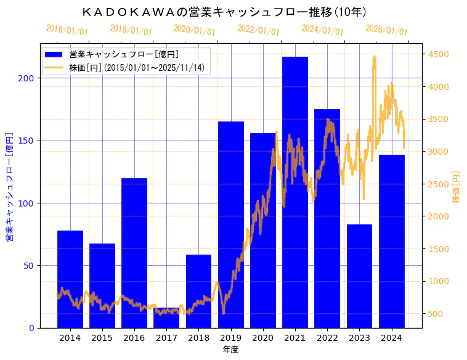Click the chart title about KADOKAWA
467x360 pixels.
click(x=224, y=12)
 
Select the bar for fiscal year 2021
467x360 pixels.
click(x=294, y=192)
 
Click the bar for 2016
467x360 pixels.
click(x=134, y=253)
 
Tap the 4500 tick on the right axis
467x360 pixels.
click(x=439, y=54)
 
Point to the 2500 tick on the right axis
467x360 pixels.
click(x=439, y=184)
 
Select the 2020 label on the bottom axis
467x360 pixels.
click(x=262, y=337)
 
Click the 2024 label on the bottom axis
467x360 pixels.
click(x=391, y=337)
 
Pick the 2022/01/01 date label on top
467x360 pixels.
click(x=258, y=30)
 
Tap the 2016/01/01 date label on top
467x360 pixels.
click(x=67, y=30)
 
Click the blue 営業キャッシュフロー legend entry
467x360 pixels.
click(x=123, y=54)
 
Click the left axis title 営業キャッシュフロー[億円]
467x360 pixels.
click(x=9, y=186)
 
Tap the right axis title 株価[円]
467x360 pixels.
click(x=457, y=187)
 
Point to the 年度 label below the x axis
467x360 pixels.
click(x=230, y=350)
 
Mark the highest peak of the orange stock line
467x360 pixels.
click(x=374, y=56)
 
